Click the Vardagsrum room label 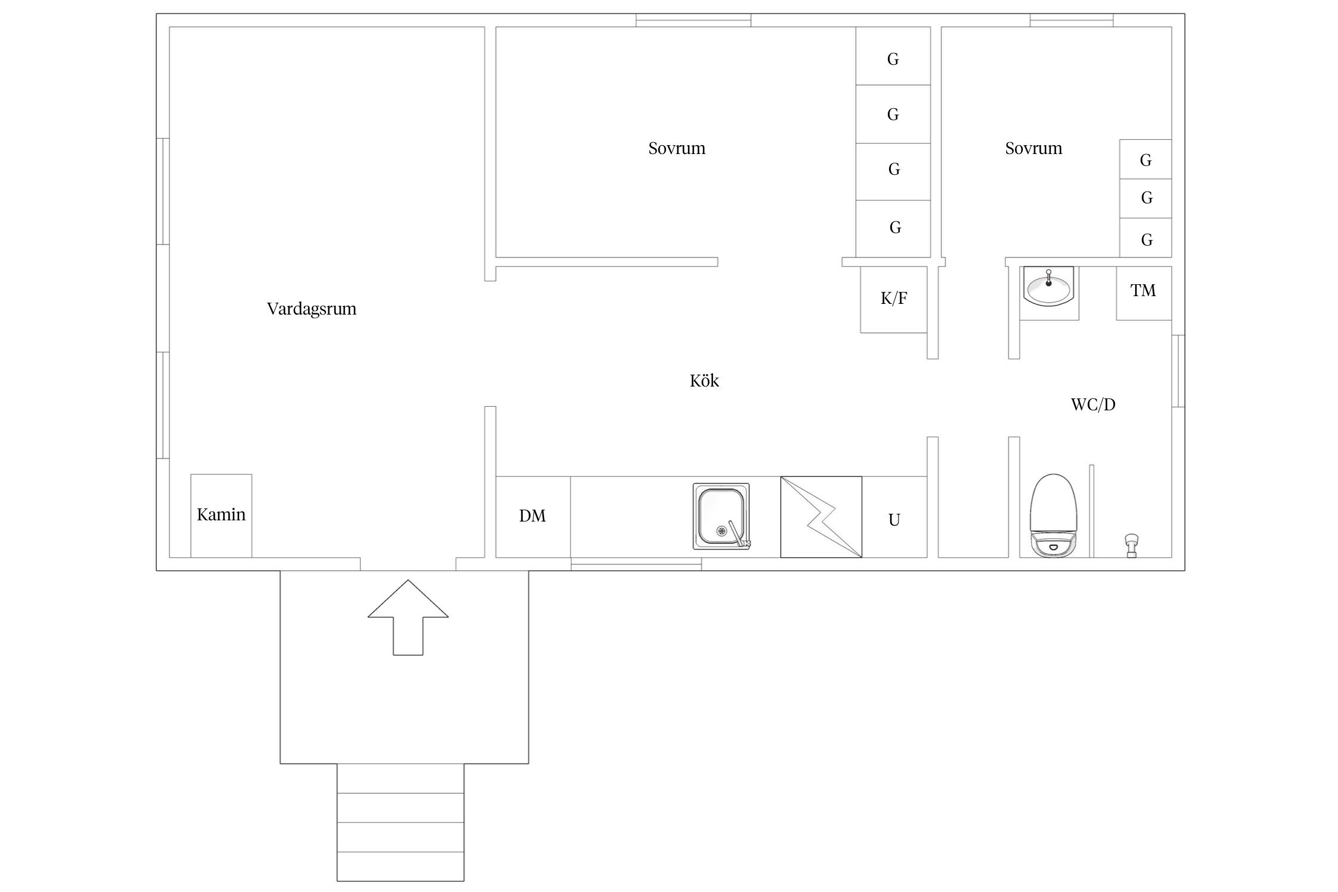click(312, 309)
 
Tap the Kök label click(704, 381)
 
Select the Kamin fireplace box click(221, 516)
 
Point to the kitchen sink click(721, 516)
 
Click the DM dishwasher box click(533, 517)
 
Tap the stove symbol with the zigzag click(821, 517)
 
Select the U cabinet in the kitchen click(894, 517)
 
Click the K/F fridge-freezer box click(894, 299)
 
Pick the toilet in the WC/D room click(1053, 516)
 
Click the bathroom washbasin click(1048, 287)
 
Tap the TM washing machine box click(1144, 293)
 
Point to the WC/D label click(1093, 405)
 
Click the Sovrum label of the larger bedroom click(677, 148)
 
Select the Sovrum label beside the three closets click(1034, 148)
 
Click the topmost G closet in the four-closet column click(893, 56)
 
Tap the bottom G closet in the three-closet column click(1146, 238)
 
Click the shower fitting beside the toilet click(1132, 545)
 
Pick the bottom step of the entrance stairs click(401, 866)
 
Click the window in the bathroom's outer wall click(1178, 371)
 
